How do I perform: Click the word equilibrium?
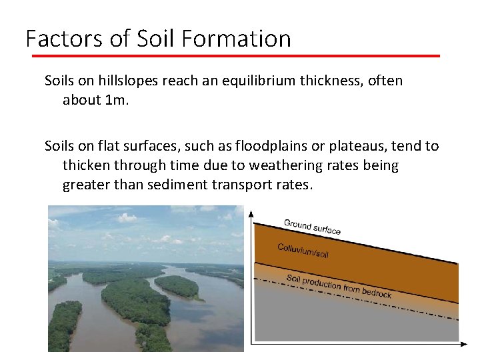click(x=268, y=81)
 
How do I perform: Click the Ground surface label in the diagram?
click(x=312, y=227)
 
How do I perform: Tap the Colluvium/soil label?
click(x=303, y=251)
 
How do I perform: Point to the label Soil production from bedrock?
click(x=339, y=285)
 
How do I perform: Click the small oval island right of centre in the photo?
click(x=177, y=287)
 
